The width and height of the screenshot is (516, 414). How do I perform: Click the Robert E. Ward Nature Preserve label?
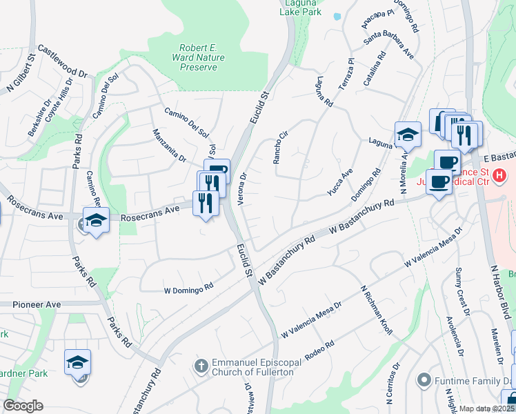pyautogui.click(x=198, y=67)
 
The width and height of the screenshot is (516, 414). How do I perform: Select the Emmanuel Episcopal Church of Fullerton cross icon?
pyautogui.click(x=200, y=364)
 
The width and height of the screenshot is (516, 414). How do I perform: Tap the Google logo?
pyautogui.click(x=23, y=406)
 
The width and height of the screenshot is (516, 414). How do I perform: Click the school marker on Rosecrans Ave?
pyautogui.click(x=96, y=221)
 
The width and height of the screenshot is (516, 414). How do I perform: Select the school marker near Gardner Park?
pyautogui.click(x=78, y=362)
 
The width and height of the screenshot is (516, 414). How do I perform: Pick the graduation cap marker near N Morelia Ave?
pyautogui.click(x=408, y=135)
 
